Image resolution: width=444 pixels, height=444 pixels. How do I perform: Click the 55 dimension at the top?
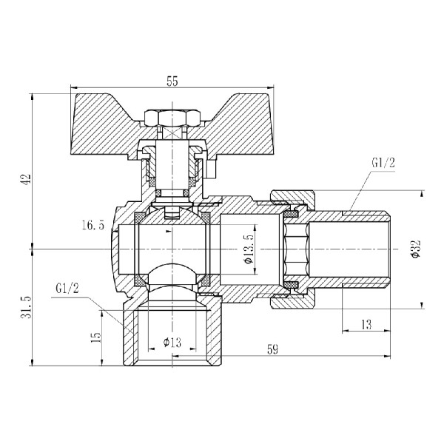point(172,81)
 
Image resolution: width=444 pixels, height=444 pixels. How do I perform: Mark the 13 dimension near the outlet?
point(367,323)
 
